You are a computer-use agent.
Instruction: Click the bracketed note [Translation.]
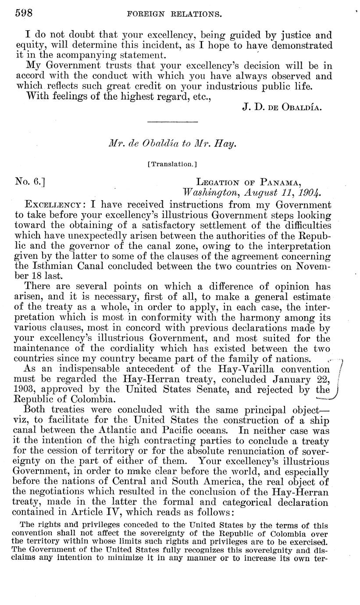[171, 165]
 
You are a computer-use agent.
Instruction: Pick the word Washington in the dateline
[207, 193]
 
